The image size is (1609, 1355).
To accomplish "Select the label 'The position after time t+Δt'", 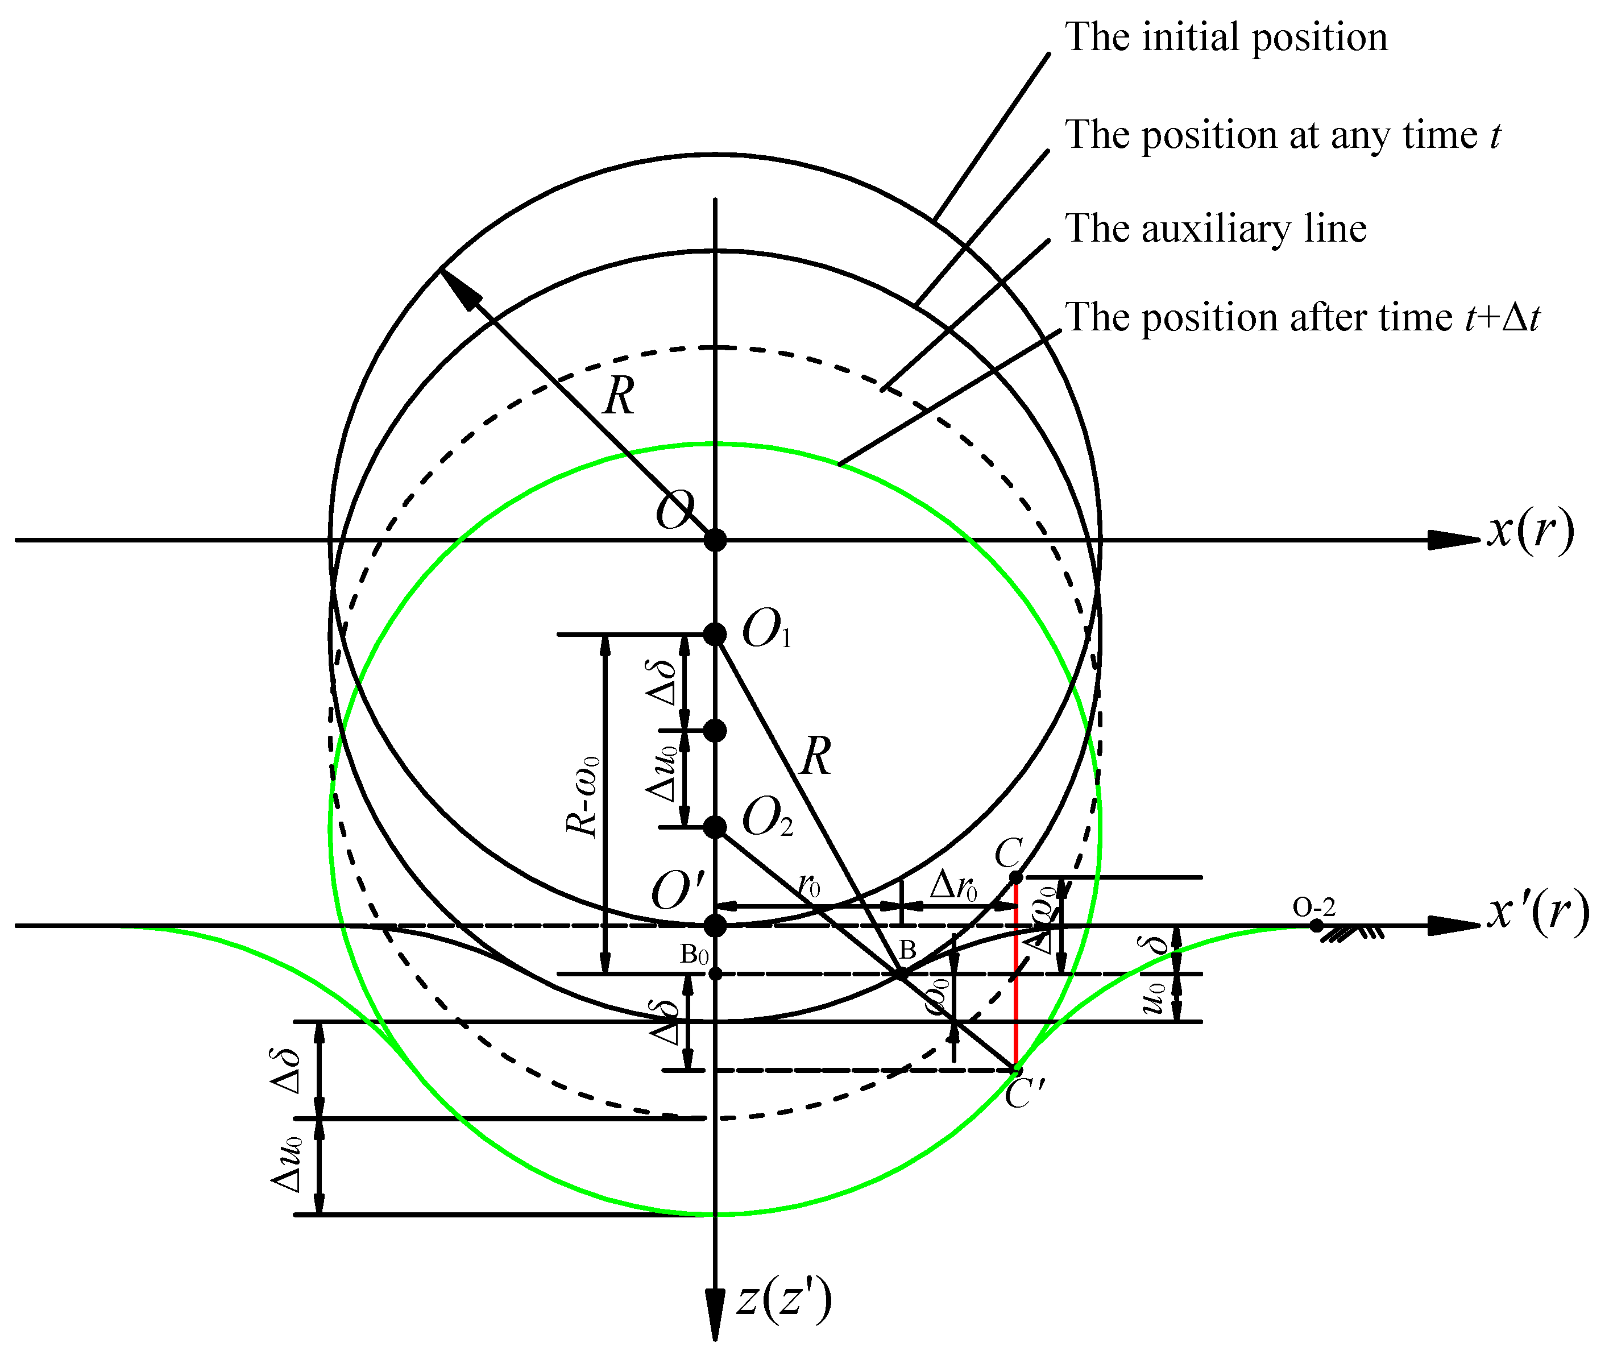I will (1302, 317).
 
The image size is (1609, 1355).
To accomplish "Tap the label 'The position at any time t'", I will (1281, 135).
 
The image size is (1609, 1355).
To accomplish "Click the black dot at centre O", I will (715, 540).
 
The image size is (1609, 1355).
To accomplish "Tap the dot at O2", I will (715, 827).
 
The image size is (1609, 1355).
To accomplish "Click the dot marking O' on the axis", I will (715, 926).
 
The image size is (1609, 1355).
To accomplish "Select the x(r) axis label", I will (1529, 531).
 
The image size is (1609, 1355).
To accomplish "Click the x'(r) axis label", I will (1537, 914).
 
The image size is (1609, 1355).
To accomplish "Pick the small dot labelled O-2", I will (1316, 926).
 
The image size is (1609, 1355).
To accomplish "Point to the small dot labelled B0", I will (715, 974).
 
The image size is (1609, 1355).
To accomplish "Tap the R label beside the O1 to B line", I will (816, 757).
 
